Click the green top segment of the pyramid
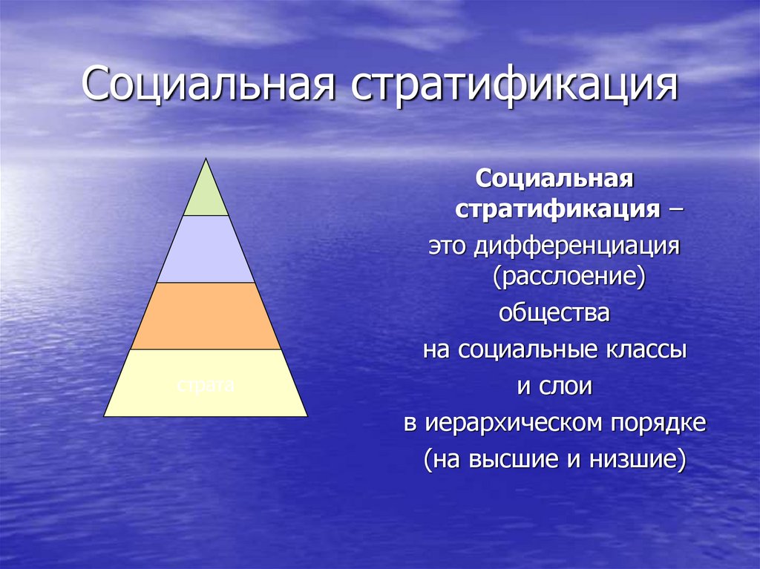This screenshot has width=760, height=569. (206, 194)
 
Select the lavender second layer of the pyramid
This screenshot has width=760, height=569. (206, 249)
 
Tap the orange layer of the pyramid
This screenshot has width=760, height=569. (206, 316)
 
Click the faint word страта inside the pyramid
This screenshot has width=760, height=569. (206, 386)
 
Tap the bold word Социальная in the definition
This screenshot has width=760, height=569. (554, 178)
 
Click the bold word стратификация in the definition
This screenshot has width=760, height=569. (558, 210)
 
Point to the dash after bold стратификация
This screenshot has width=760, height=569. (677, 210)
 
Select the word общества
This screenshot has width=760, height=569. (554, 313)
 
